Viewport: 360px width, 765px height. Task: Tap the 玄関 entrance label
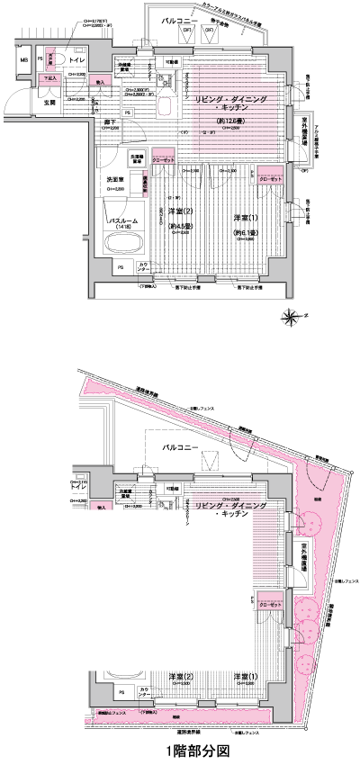tap(49, 103)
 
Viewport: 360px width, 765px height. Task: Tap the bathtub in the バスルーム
tap(123, 244)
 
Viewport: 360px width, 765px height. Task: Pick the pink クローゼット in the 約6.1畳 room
tap(270, 180)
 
